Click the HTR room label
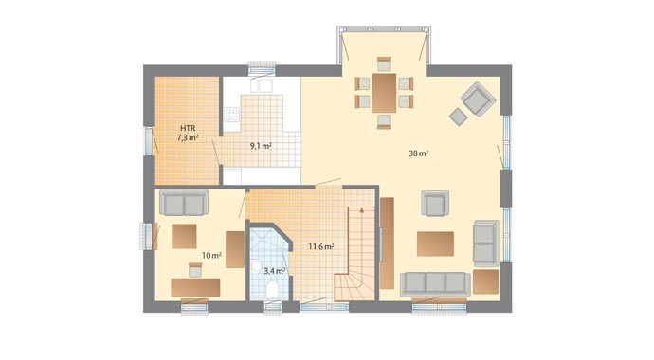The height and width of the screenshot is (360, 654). pos(187,126)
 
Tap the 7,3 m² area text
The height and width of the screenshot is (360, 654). pos(188,138)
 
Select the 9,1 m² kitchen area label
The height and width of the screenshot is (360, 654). pos(261,146)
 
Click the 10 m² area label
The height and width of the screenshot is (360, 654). pos(210,256)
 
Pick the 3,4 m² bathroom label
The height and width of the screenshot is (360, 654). pos(274,270)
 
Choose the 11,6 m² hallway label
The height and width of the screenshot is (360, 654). pos(320,247)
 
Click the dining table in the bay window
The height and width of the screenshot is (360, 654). pos(383,91)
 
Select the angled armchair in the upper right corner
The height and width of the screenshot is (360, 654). pos(476,96)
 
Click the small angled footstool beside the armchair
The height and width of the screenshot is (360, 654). pos(459,116)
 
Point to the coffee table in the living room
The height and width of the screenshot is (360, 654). pos(441,243)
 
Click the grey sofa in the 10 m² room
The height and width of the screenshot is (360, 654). pos(183,203)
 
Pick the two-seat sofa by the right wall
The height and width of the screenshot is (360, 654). pos(485,242)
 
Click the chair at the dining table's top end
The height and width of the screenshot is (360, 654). pos(383,64)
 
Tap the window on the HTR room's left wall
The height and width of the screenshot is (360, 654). pos(147,138)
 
